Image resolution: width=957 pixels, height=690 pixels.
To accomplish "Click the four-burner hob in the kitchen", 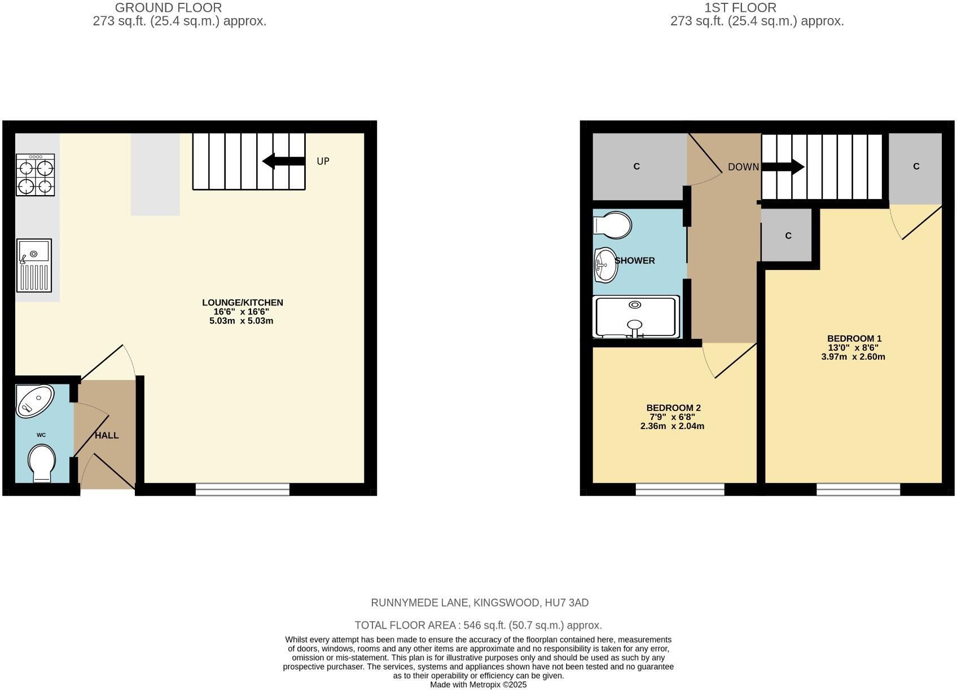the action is point(36,175).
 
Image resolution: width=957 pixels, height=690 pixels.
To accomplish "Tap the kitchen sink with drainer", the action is point(34,266).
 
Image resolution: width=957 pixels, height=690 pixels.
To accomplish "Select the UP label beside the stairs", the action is point(323,161).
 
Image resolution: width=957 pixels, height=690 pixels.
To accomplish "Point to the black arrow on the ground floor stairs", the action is point(283,161).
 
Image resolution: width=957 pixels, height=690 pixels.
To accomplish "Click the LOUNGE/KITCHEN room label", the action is point(242,303).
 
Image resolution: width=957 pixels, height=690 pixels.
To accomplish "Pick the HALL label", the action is point(107,436).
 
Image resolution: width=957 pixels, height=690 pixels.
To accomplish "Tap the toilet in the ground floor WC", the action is point(42,463).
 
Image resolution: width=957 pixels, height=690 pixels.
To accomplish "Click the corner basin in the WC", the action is point(34,401).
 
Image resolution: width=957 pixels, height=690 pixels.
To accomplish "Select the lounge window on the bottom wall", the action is point(243,489).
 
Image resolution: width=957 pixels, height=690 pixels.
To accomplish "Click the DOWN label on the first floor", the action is point(743,167).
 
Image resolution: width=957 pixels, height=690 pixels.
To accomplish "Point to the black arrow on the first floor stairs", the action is point(783,167).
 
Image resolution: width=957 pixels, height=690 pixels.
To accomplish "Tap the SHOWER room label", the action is point(635,261).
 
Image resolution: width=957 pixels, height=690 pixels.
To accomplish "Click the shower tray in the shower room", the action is point(636,317).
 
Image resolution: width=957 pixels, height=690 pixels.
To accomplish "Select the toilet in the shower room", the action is point(613,225).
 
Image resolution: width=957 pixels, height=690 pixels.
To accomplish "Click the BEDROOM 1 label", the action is point(854,338).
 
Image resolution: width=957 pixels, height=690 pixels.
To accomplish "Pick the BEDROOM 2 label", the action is point(673,408).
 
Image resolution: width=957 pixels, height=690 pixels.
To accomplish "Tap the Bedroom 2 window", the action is point(680,489).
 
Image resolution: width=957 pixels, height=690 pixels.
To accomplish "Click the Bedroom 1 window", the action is point(858,489).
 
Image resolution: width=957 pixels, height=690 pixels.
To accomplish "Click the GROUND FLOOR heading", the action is point(168,8).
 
